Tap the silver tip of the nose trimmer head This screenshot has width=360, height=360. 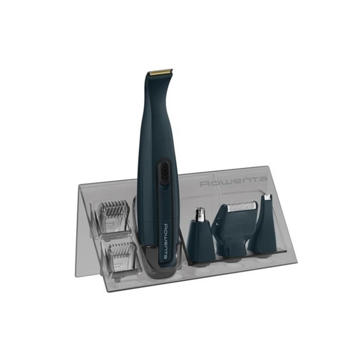tap(200, 213)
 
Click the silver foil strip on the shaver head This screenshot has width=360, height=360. tap(242, 207)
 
